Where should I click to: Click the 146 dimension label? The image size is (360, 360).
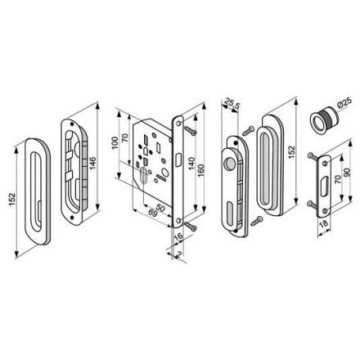click(93, 163)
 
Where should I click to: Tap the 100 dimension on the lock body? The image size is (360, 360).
click(115, 142)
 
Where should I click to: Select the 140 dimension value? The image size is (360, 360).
click(191, 163)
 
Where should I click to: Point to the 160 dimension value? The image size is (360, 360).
click(200, 170)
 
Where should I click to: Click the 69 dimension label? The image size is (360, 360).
click(153, 214)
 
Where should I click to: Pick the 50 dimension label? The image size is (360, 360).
click(160, 208)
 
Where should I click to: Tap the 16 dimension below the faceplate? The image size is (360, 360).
click(179, 236)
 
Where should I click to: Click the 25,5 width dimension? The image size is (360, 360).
click(231, 104)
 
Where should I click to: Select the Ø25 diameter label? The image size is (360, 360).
click(344, 103)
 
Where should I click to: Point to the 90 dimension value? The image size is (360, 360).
click(348, 172)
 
